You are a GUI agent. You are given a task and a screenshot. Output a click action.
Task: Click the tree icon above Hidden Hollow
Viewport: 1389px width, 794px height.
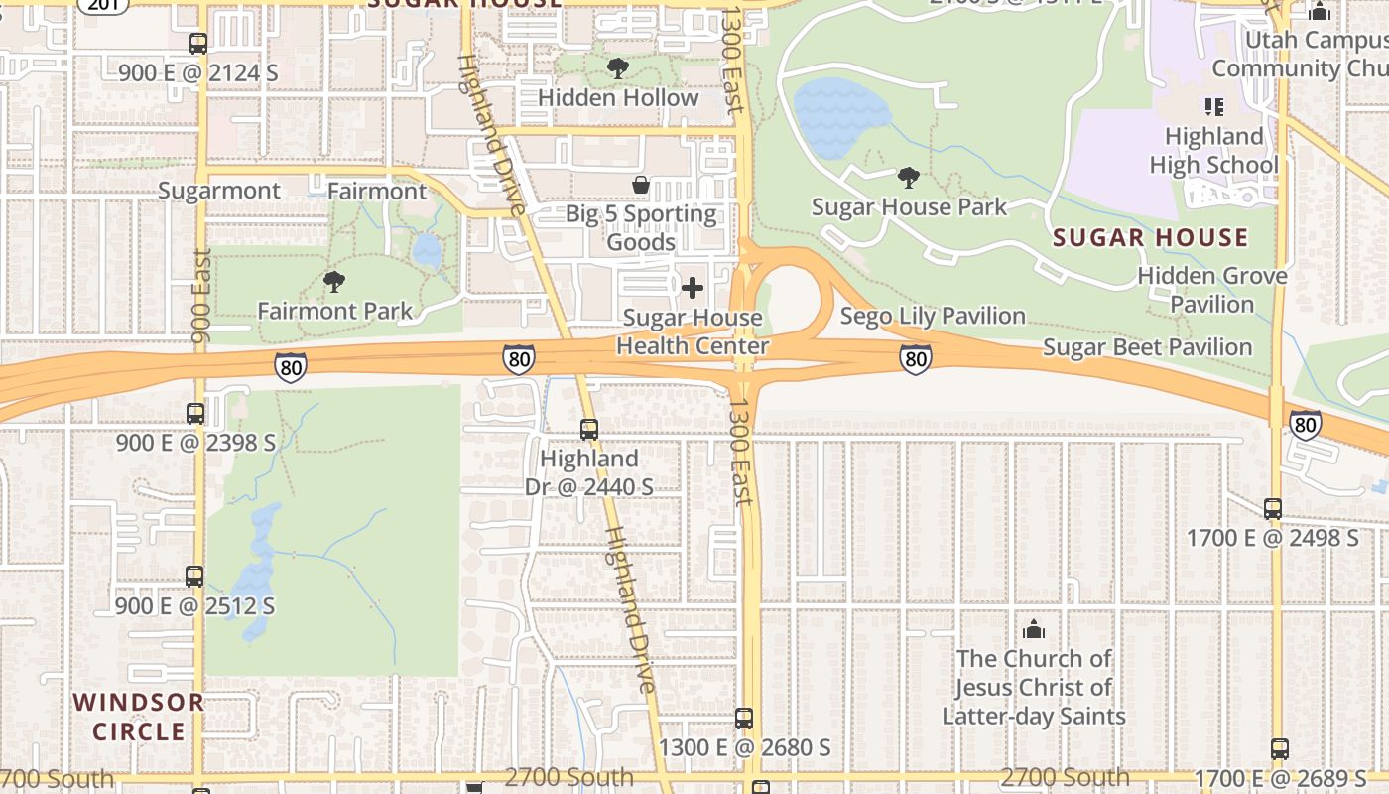pos(618,68)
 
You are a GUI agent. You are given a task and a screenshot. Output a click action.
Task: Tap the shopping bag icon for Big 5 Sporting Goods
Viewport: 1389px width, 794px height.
pos(641,185)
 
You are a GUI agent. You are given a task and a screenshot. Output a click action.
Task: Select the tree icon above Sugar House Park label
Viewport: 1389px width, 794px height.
pos(908,178)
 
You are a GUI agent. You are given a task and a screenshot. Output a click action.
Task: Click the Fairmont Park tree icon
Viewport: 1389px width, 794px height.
pos(334,282)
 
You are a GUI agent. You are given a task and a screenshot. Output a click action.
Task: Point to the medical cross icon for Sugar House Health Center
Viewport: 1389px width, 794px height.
pos(693,289)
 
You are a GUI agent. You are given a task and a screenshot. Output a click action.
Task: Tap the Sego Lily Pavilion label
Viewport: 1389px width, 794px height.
pos(932,316)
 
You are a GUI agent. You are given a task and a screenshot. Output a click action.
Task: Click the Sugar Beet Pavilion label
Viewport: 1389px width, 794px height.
pos(1147,347)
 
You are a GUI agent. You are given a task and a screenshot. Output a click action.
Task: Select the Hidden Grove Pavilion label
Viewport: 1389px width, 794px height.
pos(1211,290)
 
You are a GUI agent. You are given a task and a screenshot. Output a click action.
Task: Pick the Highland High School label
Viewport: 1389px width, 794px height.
pos(1213,150)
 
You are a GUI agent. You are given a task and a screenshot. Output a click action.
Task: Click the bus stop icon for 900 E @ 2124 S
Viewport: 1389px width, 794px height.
pos(198,44)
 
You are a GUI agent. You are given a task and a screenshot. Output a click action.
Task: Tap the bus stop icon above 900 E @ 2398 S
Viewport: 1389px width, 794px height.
pos(195,414)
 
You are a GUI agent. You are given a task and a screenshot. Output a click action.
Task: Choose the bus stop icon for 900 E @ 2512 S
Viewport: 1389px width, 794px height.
pos(194,577)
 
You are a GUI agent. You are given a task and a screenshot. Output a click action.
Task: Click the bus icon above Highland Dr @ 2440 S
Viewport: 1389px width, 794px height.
pos(589,430)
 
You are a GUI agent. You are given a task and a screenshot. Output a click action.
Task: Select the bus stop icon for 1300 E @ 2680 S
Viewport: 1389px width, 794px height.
pos(744,719)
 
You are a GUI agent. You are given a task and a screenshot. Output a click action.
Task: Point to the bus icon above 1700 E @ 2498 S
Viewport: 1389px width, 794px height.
pos(1273,509)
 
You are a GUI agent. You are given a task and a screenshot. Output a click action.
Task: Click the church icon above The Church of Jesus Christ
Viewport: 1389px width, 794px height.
pos(1034,629)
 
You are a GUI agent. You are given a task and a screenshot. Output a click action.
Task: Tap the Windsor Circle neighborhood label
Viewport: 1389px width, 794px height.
pos(139,717)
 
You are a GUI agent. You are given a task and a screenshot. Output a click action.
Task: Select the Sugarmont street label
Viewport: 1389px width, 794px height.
pos(219,191)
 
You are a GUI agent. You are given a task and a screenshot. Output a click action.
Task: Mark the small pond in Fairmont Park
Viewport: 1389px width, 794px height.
pos(427,251)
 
